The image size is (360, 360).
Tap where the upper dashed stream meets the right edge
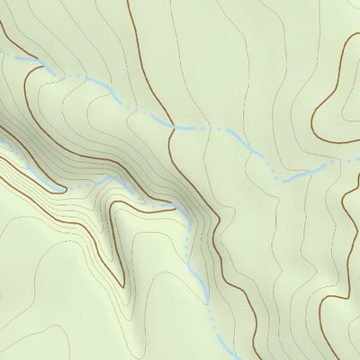(358, 160)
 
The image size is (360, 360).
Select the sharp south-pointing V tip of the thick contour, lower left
(121, 286)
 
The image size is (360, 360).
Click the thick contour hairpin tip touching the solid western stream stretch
(63, 190)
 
